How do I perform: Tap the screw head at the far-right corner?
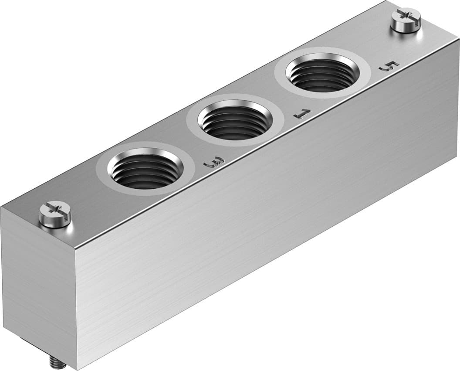pos(406,18)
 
